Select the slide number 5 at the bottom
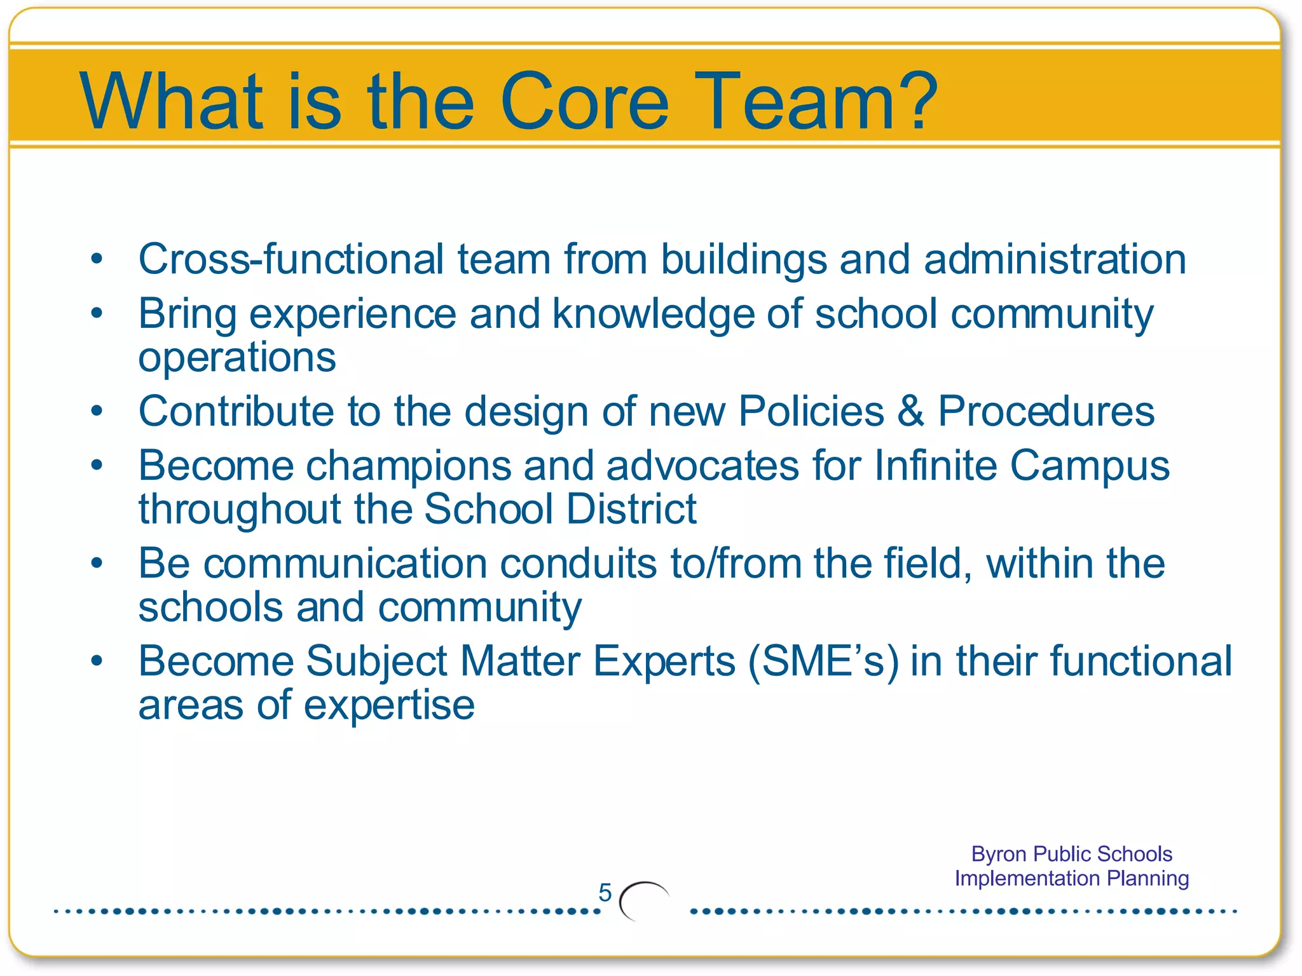click(605, 893)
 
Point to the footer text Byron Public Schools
click(1071, 854)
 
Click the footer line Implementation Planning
click(1071, 878)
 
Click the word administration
click(1055, 259)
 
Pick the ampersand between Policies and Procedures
click(910, 412)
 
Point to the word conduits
click(578, 564)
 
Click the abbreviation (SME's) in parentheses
click(823, 661)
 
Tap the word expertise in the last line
click(388, 705)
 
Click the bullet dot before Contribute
click(97, 412)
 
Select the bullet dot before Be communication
click(97, 564)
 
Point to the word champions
click(408, 466)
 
